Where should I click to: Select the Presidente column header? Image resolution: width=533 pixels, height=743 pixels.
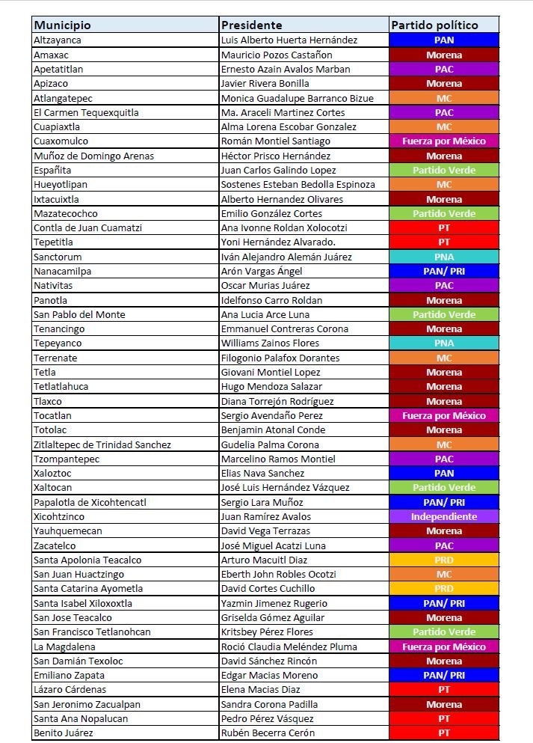(252, 25)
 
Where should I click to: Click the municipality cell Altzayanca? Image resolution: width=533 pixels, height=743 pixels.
(58, 40)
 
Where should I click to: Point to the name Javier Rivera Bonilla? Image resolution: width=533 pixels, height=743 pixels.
(265, 83)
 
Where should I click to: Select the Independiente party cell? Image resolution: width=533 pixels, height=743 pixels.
(444, 516)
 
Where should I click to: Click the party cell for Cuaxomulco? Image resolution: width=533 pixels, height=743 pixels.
(444, 141)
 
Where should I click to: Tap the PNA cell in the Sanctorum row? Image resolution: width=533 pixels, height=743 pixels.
(444, 257)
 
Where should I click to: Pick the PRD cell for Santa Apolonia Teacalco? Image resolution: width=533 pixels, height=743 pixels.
(444, 560)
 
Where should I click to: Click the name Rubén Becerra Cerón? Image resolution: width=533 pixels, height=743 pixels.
(268, 733)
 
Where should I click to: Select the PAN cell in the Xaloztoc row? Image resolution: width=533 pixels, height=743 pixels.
(444, 473)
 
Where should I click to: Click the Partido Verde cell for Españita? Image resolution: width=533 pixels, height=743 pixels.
(444, 170)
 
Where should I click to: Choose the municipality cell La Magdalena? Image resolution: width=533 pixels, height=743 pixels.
(61, 646)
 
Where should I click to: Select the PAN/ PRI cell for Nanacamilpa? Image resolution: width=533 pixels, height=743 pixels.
(444, 271)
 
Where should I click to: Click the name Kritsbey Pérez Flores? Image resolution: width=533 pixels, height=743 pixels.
(267, 632)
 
